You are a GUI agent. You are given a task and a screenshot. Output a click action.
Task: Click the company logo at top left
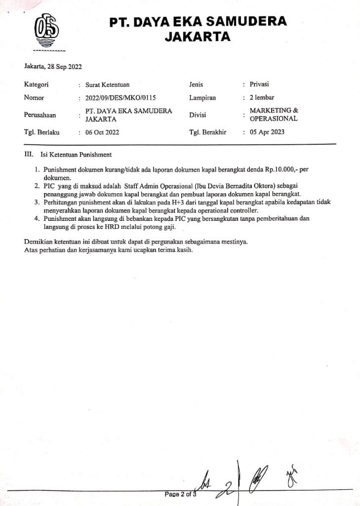click(x=46, y=31)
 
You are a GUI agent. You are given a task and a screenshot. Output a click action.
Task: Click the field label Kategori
click(x=37, y=85)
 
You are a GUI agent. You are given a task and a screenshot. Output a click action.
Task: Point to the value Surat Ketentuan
click(x=108, y=85)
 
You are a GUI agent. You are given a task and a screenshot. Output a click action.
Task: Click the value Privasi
click(x=259, y=84)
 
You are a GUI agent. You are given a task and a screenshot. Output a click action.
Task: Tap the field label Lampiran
click(x=202, y=98)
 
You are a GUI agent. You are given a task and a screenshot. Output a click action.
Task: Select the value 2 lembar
click(x=262, y=97)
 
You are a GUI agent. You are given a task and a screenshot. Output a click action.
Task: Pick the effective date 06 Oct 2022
click(x=102, y=132)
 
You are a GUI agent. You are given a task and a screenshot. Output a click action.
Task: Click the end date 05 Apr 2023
click(x=267, y=132)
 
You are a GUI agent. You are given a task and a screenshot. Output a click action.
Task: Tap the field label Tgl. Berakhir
click(x=207, y=132)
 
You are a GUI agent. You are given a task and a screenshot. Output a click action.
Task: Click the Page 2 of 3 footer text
click(x=181, y=494)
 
